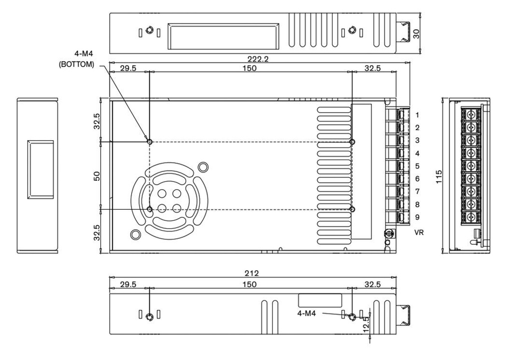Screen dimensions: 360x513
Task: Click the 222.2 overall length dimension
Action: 259,59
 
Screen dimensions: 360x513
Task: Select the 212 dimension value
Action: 251,273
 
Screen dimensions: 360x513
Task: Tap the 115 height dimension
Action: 439,176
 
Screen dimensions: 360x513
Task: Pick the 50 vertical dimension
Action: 97,176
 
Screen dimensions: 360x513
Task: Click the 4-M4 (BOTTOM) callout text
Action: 76,59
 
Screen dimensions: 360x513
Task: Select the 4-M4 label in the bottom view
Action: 307,313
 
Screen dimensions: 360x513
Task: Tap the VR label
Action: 419,233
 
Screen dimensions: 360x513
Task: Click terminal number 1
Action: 417,115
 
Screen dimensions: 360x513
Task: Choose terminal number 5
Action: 417,166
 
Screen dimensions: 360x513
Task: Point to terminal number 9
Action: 417,217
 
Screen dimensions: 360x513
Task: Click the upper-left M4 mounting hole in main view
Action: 149,142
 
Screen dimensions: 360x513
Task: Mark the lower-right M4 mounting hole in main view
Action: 352,209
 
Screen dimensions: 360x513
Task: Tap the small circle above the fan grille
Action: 203,166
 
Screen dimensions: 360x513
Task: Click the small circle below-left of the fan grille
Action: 135,234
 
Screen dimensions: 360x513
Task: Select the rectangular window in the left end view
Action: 41,170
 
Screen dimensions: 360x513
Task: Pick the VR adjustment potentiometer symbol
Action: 387,233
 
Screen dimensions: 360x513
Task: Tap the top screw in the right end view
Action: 471,114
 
